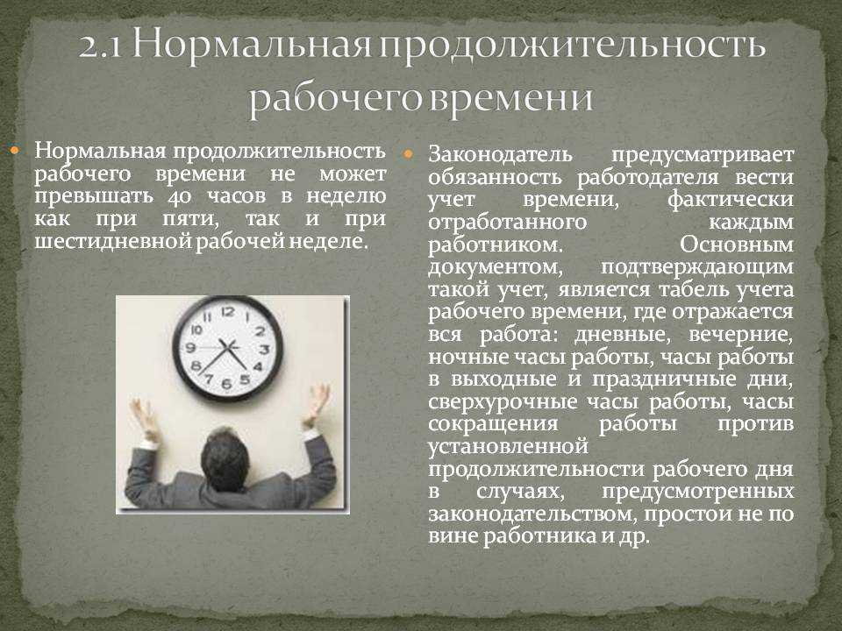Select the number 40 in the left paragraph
[x=179, y=197]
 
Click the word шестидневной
[x=112, y=242]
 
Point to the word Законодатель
[x=500, y=154]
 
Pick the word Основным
[x=736, y=245]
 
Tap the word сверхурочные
[x=503, y=402]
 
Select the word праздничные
[x=664, y=379]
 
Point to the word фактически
[x=731, y=200]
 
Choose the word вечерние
[x=740, y=335]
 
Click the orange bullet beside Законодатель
[x=407, y=154]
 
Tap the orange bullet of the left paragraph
[x=15, y=150]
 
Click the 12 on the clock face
[x=228, y=311]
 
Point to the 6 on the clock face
[x=226, y=383]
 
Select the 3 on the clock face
[x=264, y=350]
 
